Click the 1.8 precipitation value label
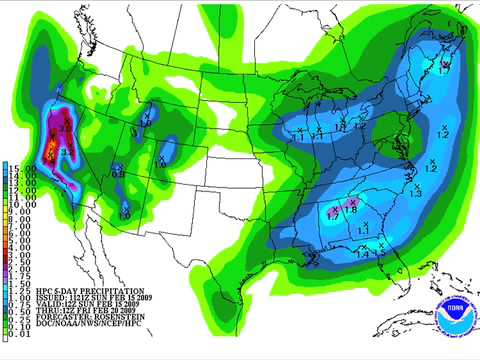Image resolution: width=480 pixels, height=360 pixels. pos(351,209)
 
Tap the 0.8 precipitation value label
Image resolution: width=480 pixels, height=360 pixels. pos(118,173)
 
